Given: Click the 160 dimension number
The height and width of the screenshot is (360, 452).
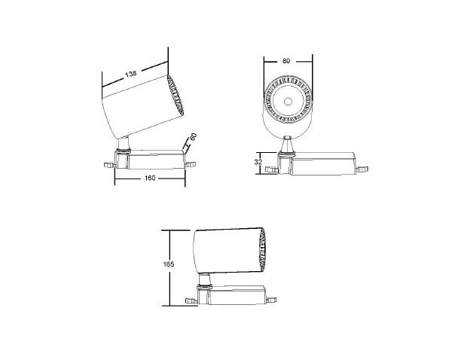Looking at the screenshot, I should tap(150, 178).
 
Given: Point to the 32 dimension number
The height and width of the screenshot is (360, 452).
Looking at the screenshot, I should tap(258, 161).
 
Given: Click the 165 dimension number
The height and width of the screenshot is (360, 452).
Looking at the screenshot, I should tap(169, 264).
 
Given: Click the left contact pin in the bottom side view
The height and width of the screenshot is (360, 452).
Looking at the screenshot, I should tap(191, 301).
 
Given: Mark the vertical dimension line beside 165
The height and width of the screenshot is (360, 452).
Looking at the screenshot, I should tap(172, 267).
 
